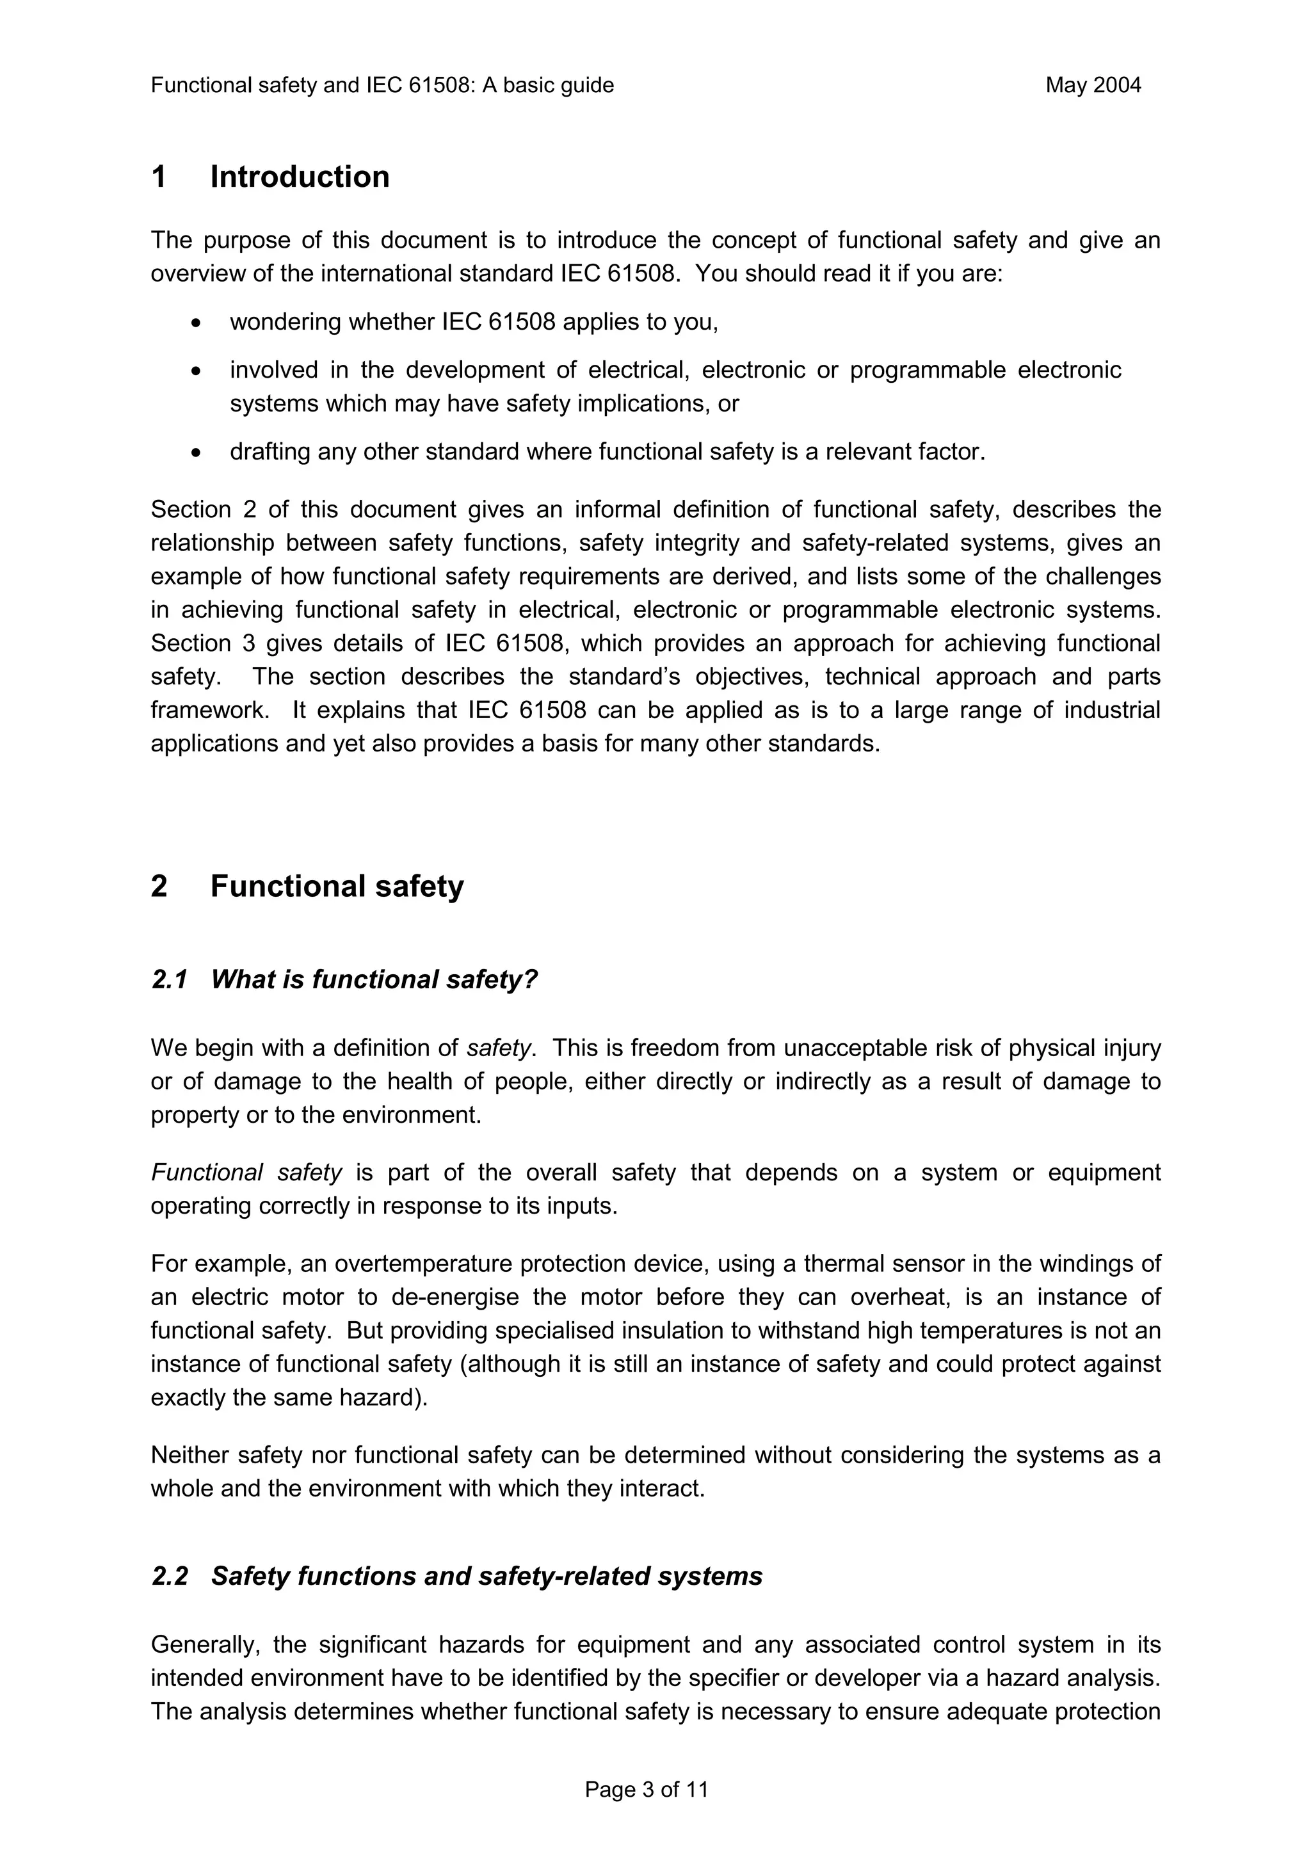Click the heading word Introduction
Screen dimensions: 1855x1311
[300, 177]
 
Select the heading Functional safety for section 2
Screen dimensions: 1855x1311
[337, 887]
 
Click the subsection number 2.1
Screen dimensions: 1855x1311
[169, 980]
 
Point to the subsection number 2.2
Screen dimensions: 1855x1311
[169, 1577]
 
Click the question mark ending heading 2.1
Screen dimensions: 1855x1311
[530, 980]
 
